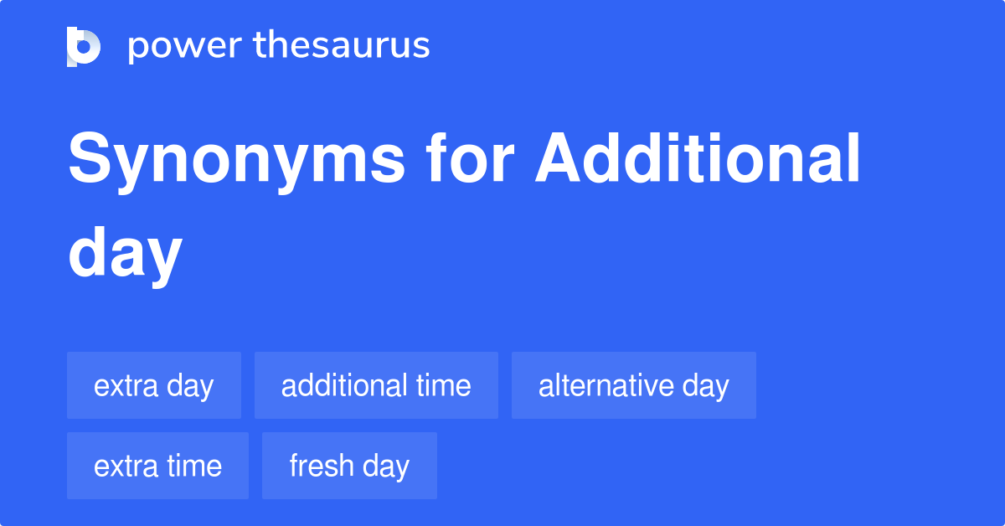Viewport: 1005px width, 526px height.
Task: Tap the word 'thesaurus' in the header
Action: coord(342,45)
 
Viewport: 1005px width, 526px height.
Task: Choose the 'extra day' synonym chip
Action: coord(154,385)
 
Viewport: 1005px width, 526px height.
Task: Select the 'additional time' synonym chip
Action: coord(376,385)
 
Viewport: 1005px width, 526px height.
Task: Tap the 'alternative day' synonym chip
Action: coord(634,385)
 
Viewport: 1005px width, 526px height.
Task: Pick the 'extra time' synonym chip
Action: coord(157,466)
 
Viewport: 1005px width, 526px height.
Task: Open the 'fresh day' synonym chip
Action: coord(349,466)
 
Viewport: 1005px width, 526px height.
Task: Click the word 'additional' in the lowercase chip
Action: coord(343,385)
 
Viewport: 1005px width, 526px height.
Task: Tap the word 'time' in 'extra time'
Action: coord(195,466)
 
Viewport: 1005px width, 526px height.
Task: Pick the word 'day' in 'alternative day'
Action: coord(706,385)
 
